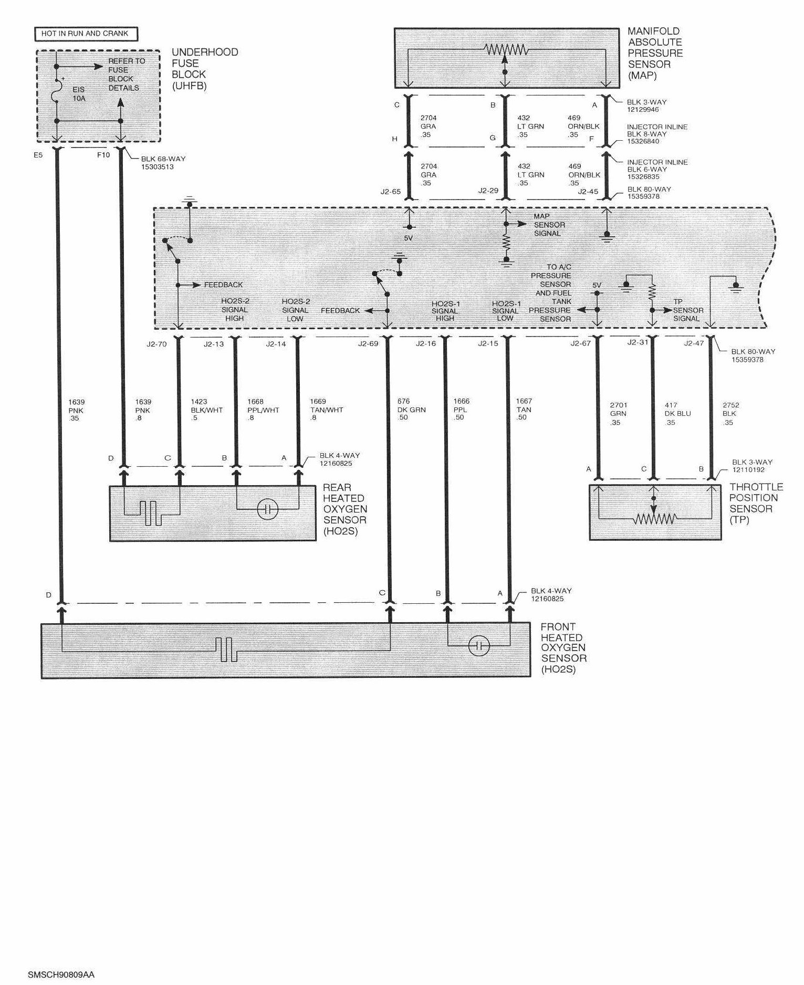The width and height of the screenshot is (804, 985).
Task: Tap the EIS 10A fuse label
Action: coord(79,93)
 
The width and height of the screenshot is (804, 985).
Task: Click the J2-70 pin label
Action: coord(156,344)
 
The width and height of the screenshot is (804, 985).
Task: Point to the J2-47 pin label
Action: coord(694,343)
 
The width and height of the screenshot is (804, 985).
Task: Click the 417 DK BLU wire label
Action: coord(677,413)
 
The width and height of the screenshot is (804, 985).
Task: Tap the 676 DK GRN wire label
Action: coord(411,409)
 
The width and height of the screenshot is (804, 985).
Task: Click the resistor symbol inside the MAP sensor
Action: coord(505,50)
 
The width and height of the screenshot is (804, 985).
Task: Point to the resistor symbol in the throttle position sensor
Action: coord(654,519)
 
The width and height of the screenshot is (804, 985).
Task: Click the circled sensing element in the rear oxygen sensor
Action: coord(267,509)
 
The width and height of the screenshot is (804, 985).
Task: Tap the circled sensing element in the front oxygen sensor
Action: coord(478,646)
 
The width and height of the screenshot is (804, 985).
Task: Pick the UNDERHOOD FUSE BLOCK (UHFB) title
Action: coord(205,69)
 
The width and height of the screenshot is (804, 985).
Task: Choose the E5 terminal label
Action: coord(38,155)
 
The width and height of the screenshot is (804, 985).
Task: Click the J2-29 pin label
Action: coord(488,191)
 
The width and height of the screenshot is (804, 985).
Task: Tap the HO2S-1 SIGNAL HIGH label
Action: coord(445,311)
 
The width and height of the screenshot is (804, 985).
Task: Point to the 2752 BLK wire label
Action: coord(730,413)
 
